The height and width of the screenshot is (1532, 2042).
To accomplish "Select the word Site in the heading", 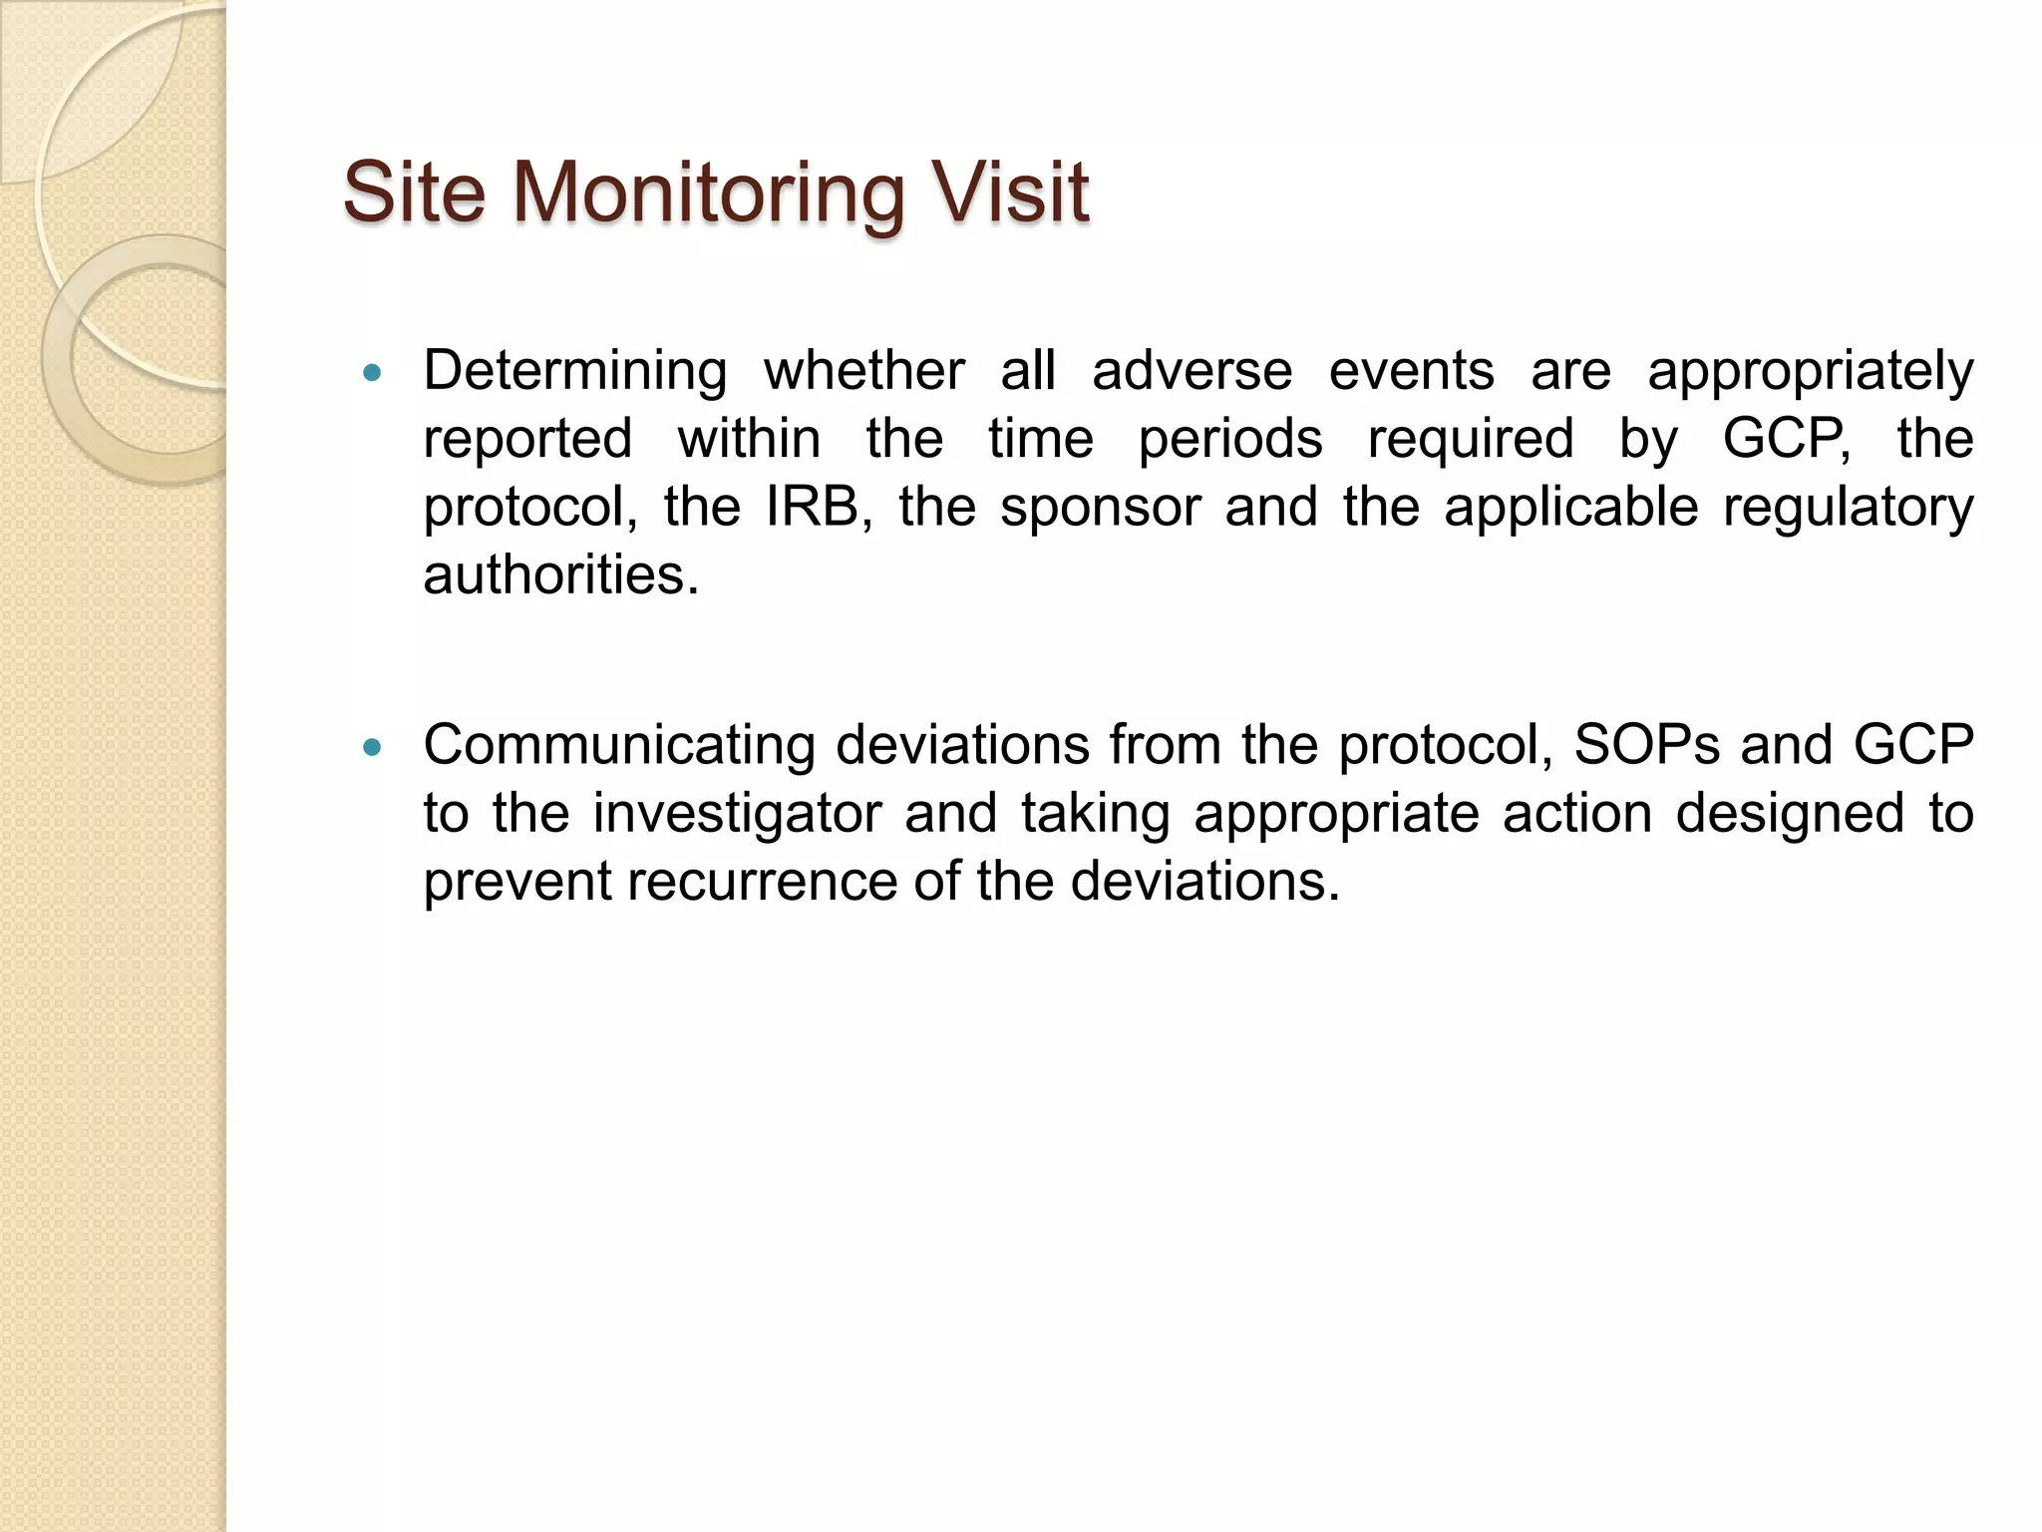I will pos(414,192).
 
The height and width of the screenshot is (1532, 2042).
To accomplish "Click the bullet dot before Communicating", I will pos(373,748).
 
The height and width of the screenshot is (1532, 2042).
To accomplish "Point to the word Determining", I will pos(575,372).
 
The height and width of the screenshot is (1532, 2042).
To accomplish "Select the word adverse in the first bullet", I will pos(1191,372).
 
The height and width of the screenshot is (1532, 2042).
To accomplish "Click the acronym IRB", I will pos(813,507).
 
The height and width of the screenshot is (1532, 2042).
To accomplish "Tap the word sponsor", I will pos(1101,509).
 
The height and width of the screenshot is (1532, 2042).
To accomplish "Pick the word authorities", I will pos(561,575).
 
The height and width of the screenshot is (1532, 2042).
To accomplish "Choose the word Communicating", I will pos(618,746).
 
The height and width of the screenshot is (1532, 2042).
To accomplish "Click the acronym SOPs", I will pos(1646,745).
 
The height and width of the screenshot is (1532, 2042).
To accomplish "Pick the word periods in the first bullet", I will pos(1230,441).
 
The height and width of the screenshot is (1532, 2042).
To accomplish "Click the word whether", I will pos(863,372).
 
